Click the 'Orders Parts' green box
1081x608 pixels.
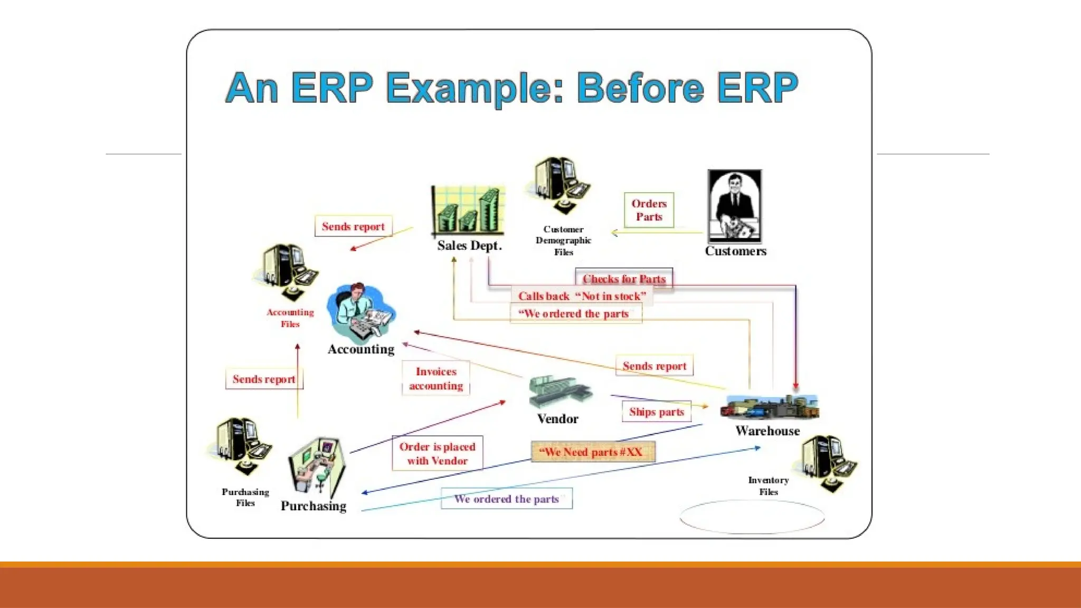coord(649,210)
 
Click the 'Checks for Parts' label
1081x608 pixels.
coord(624,279)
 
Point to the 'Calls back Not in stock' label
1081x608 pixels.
coord(582,296)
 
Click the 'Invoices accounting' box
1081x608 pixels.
coord(436,378)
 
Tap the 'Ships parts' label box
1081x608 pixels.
coord(656,412)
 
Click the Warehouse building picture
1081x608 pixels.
coord(769,407)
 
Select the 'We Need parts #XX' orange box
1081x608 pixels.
coord(593,452)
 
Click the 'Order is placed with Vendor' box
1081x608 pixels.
coord(437,453)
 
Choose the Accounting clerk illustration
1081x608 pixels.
coord(361,312)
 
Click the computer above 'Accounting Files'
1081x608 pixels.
coord(287,271)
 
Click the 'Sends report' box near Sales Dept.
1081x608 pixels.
coord(353,226)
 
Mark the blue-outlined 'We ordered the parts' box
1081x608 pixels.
coord(506,499)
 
